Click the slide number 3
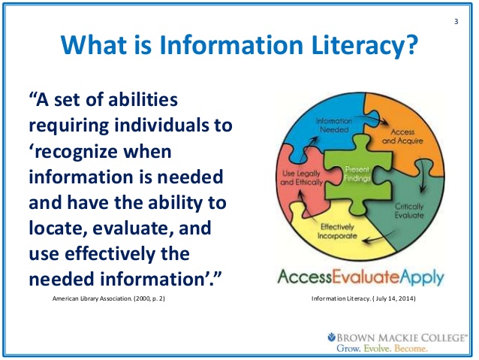click(456, 20)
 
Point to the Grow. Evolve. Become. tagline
click(384, 349)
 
